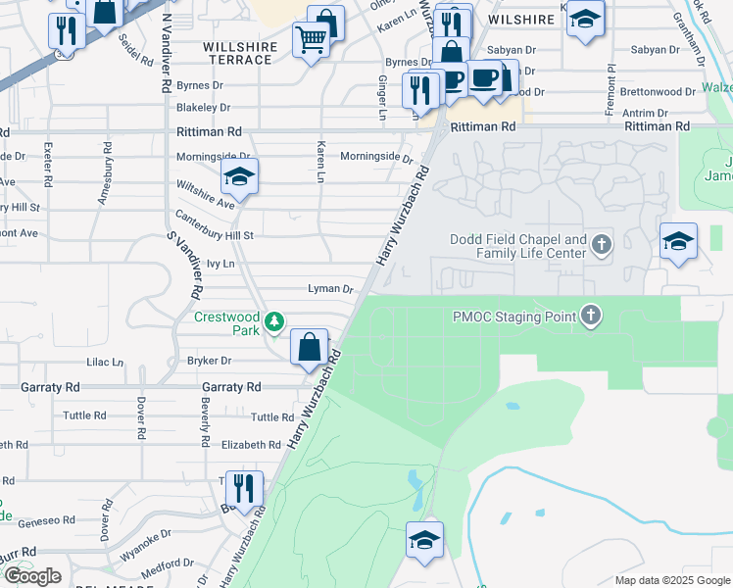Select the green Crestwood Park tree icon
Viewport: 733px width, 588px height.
(277, 320)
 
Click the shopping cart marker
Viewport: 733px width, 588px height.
(311, 41)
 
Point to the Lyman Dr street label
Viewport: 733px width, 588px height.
(330, 289)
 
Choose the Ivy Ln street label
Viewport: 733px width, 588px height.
(221, 264)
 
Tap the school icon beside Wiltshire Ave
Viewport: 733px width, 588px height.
(238, 178)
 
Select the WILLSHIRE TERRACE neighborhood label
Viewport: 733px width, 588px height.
(237, 53)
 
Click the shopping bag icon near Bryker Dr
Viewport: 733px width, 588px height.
(309, 347)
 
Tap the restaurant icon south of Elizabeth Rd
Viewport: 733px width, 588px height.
(243, 488)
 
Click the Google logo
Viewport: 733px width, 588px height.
(32, 576)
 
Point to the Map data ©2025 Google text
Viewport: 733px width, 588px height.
(671, 580)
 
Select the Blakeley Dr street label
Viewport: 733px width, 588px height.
(204, 108)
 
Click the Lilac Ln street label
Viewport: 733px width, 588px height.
(105, 362)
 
